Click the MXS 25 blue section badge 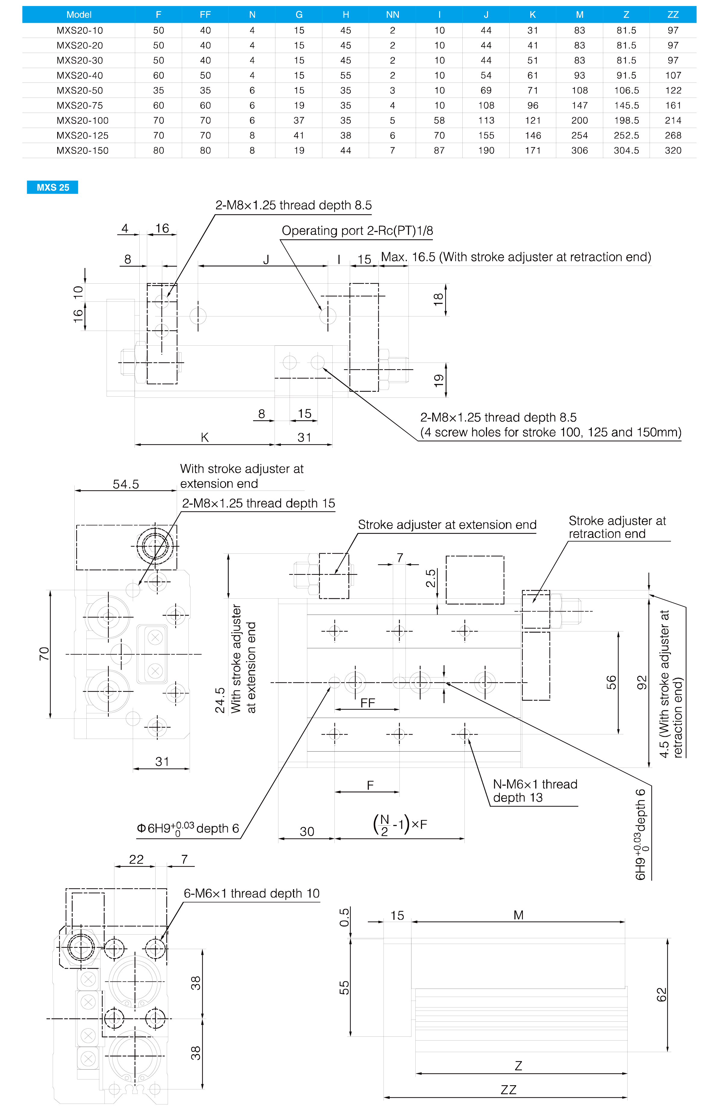[x=53, y=187]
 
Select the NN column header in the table [x=393, y=14]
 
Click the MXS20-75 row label [x=79, y=105]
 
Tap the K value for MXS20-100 [x=532, y=120]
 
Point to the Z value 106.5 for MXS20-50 [x=626, y=90]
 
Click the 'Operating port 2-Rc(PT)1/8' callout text [x=357, y=231]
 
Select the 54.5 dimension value [x=126, y=484]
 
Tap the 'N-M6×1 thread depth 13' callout [x=535, y=791]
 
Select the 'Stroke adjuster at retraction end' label [x=617, y=527]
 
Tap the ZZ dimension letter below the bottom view [x=508, y=1090]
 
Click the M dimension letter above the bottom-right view [x=518, y=915]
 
